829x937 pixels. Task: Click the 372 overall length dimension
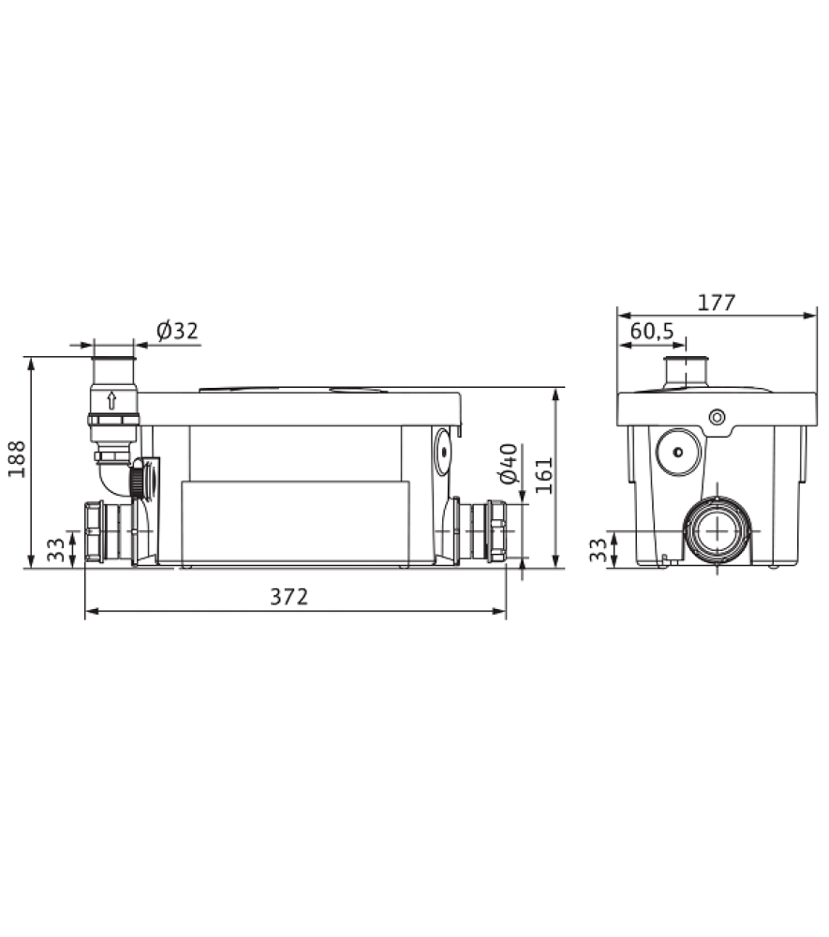pyautogui.click(x=289, y=597)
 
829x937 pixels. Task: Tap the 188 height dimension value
pyautogui.click(x=17, y=459)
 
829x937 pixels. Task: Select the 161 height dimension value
pyautogui.click(x=544, y=475)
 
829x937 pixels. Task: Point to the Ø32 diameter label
pyautogui.click(x=177, y=331)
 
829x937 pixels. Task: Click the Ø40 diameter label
pyautogui.click(x=509, y=464)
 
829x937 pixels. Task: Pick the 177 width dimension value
pyautogui.click(x=717, y=303)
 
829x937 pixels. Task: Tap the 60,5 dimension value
pyautogui.click(x=652, y=331)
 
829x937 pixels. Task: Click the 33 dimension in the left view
pyautogui.click(x=55, y=550)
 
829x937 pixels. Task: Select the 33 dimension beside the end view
pyautogui.click(x=598, y=550)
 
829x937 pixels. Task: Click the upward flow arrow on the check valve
pyautogui.click(x=111, y=400)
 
